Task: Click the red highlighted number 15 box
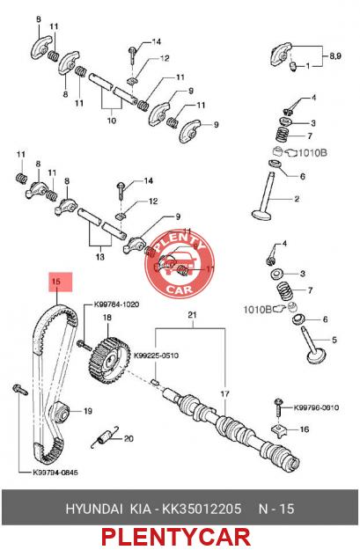[61, 282]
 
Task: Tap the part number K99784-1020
[116, 304]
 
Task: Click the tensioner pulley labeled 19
[61, 412]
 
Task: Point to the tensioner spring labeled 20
[105, 436]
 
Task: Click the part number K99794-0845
[55, 473]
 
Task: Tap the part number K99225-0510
[156, 356]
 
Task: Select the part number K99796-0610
[316, 407]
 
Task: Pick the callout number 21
[192, 315]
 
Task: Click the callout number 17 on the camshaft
[225, 394]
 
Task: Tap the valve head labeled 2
[262, 214]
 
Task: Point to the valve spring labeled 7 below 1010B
[287, 290]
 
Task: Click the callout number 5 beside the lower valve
[334, 340]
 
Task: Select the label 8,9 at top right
[334, 56]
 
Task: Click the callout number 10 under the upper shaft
[111, 121]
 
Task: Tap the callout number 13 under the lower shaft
[100, 257]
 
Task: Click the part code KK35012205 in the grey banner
[202, 509]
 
